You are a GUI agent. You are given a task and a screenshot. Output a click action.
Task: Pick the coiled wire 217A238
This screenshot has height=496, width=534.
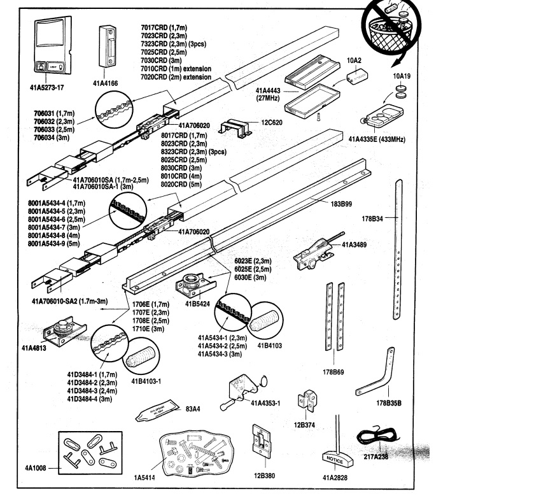[x=375, y=437]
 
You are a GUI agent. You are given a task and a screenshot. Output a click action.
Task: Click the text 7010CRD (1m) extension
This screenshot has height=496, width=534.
[x=176, y=68]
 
